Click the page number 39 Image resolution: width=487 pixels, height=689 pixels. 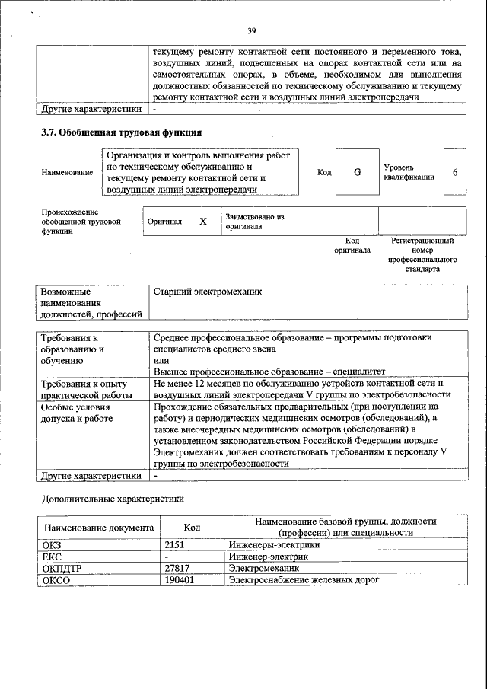pos(252,31)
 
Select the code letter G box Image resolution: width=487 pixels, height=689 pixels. pos(357,172)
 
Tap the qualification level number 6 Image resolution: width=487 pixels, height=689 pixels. pos(454,172)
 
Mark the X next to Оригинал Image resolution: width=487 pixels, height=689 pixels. pos(203,222)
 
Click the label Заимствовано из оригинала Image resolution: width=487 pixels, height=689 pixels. pos(254,222)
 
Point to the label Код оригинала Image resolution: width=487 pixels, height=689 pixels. pos(352,245)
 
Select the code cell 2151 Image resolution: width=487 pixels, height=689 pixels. pos(176,544)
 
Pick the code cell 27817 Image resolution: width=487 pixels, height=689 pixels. pos(177,568)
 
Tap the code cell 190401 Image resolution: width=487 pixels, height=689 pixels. pos(180,580)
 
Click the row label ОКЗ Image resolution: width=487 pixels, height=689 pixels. pos(53,544)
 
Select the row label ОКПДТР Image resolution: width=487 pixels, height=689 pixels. pos(61,568)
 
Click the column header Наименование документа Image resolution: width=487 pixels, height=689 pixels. pos(98,528)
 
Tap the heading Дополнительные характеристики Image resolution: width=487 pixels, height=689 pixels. pos(112,499)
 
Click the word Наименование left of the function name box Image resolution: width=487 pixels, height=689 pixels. pos(68,173)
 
